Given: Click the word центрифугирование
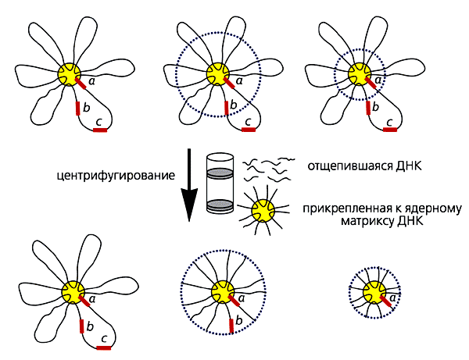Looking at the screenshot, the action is pyautogui.click(x=116, y=176).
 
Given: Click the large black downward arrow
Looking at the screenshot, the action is pyautogui.click(x=189, y=185).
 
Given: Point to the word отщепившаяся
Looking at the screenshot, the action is pyautogui.click(x=350, y=166).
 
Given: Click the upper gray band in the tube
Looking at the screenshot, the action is pyautogui.click(x=220, y=173).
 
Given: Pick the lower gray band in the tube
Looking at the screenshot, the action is pyautogui.click(x=220, y=205).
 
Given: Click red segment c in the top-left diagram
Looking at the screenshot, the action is pyautogui.click(x=100, y=130).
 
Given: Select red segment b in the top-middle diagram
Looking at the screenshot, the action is pyautogui.click(x=227, y=108).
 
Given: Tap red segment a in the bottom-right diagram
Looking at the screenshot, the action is pyautogui.click(x=385, y=301).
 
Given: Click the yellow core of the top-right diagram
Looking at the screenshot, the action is pyautogui.click(x=360, y=73).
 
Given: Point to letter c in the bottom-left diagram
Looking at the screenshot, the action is pyautogui.click(x=104, y=339).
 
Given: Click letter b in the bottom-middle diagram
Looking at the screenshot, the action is pyautogui.click(x=238, y=320).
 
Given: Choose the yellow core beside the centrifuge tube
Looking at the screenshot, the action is pyautogui.click(x=263, y=211).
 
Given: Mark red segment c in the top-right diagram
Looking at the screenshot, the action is pyautogui.click(x=390, y=130).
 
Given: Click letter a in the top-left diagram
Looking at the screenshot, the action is pyautogui.click(x=92, y=80).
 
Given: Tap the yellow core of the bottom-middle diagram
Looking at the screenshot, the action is pyautogui.click(x=223, y=292).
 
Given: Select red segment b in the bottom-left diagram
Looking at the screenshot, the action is pyautogui.click(x=81, y=326).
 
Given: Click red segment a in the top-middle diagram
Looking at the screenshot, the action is pyautogui.click(x=229, y=83).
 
